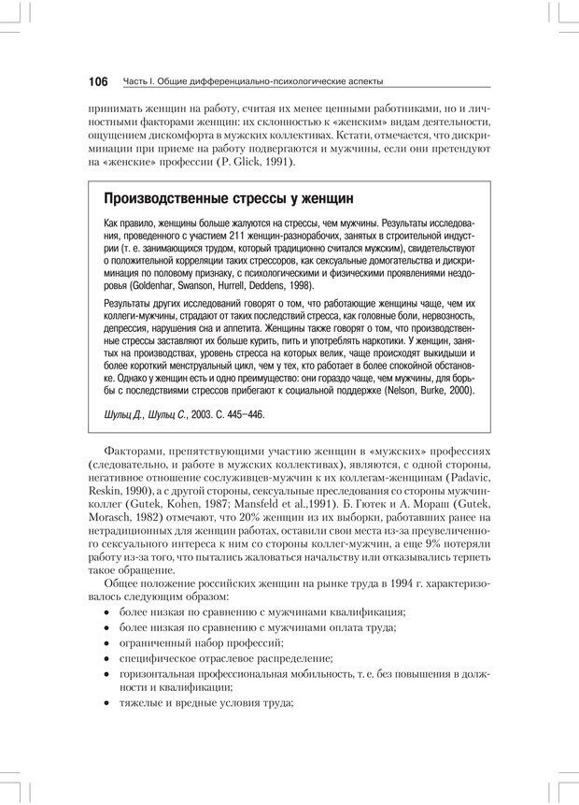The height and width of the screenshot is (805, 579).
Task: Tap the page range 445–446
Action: pos(245,413)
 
